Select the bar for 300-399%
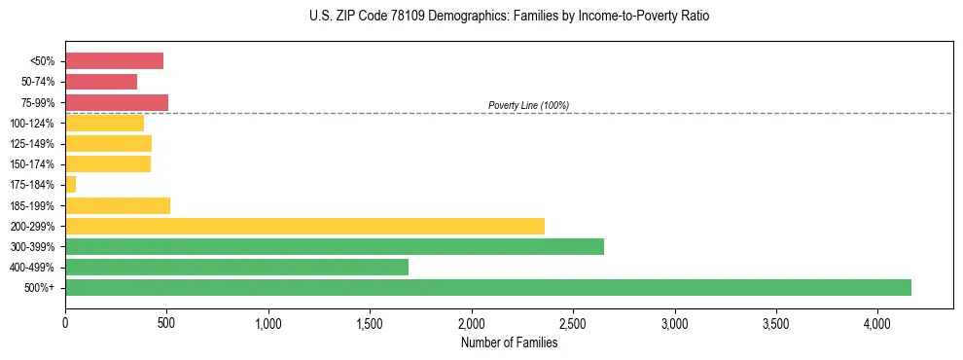click(335, 246)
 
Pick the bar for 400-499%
click(236, 267)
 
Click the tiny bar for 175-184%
click(70, 184)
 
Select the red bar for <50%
click(114, 60)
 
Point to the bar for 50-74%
click(101, 82)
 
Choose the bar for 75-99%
click(117, 102)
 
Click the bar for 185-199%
click(118, 205)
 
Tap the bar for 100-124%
click(104, 123)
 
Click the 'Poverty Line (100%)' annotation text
click(528, 105)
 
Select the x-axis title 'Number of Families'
click(509, 342)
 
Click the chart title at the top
click(509, 17)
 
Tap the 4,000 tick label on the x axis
click(877, 323)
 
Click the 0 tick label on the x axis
click(65, 323)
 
